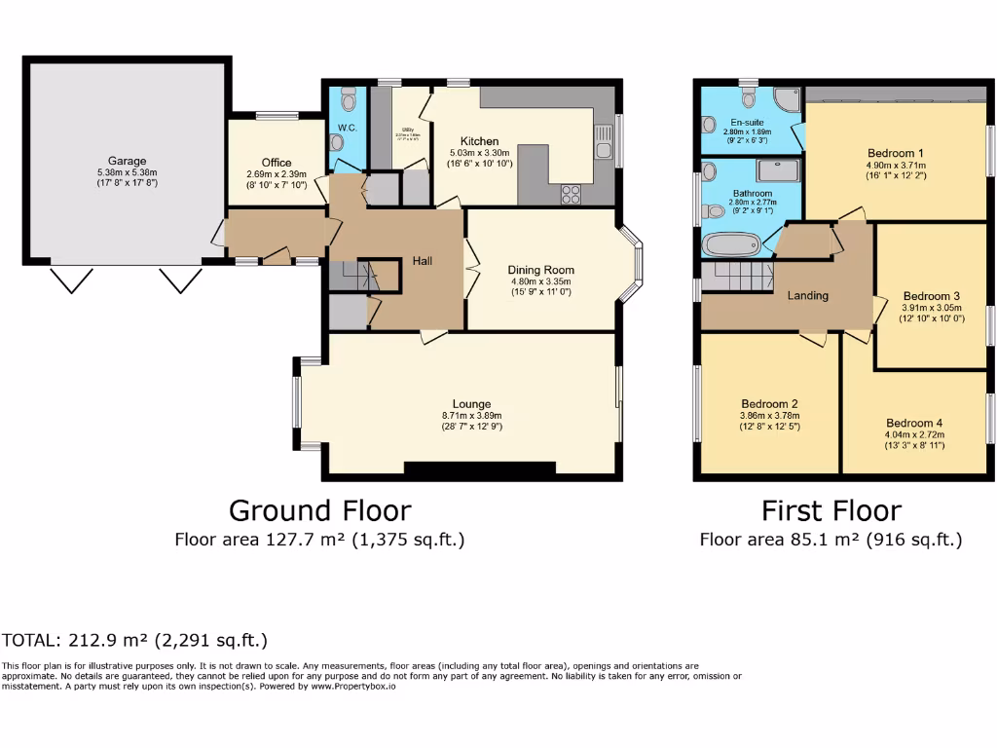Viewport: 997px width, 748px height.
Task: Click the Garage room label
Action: point(127,161)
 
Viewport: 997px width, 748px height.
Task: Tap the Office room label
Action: point(277,163)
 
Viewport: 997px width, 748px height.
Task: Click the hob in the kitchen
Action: point(571,194)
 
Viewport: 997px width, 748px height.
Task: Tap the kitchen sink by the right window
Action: point(605,143)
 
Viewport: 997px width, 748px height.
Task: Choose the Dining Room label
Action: point(540,270)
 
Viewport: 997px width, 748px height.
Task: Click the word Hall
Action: point(423,261)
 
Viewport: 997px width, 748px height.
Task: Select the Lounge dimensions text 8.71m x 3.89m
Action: point(471,416)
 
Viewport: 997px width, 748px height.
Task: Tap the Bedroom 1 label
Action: point(895,153)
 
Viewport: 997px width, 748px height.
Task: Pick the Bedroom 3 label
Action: point(931,296)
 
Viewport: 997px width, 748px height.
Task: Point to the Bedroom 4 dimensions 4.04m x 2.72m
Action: point(914,434)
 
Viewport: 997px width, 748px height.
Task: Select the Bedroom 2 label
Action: point(769,403)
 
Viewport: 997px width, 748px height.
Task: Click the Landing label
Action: point(807,295)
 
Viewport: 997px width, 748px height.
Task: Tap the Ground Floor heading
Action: point(319,510)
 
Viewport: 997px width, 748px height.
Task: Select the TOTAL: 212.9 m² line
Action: point(134,640)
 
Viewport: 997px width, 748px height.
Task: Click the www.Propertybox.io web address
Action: point(353,687)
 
